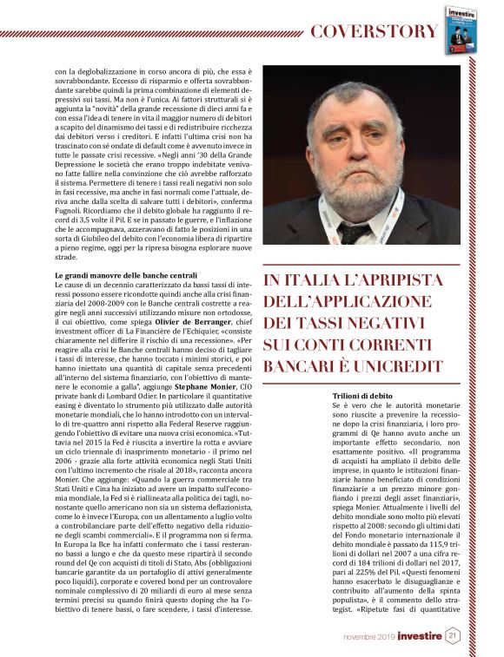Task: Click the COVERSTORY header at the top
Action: (374, 32)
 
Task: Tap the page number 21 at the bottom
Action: (452, 635)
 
